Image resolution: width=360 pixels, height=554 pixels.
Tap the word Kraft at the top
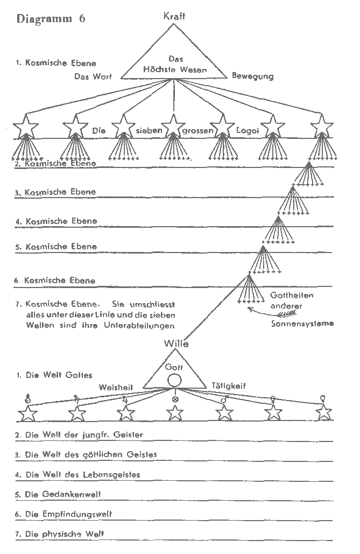coord(174,16)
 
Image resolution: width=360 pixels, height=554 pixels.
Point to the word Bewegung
coord(252,76)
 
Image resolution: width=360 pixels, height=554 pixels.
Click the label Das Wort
coord(93,76)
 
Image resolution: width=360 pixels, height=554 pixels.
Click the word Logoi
coord(248,130)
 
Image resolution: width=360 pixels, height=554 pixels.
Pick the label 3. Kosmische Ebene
coord(56,192)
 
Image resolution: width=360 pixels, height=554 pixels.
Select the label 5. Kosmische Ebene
coord(56,247)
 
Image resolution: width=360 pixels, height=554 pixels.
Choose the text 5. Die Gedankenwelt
coord(58,494)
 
